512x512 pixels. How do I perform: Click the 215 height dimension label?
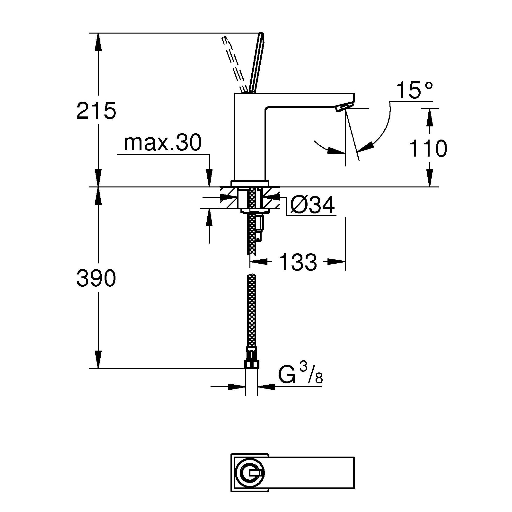pos(96,110)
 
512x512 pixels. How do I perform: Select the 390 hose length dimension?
pos(96,278)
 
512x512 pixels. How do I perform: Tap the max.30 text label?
pos(162,143)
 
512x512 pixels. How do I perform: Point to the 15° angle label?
pos(415,91)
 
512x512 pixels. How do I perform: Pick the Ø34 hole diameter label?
pos(312,205)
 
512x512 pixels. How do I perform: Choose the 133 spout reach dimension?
pos(298,262)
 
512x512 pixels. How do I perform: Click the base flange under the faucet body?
pos(250,184)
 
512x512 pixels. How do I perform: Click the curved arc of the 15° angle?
pos(388,127)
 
